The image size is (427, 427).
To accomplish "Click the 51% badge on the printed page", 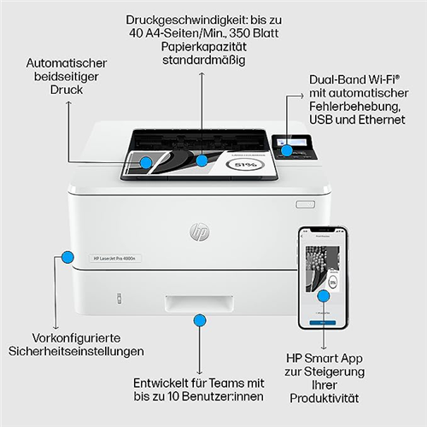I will coord(244,165).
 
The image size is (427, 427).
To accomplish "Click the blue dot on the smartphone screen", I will coord(324,295).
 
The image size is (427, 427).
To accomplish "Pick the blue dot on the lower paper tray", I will coord(199,321).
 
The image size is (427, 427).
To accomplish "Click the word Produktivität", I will coord(325,399).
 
